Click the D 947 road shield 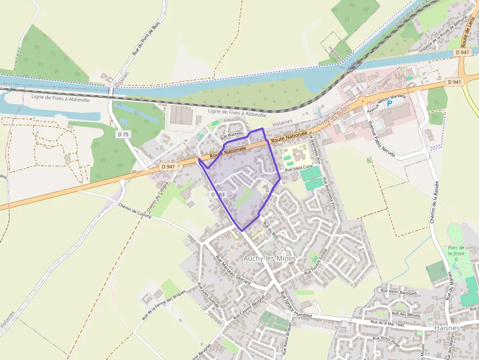pos(461,52)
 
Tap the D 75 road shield pos(123,134)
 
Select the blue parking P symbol pos(390,104)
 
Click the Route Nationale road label pos(289,137)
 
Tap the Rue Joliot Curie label pos(299,168)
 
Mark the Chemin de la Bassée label pos(434,202)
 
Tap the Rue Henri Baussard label pos(399,292)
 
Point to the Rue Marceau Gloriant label pos(233,270)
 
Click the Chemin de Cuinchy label pos(135,210)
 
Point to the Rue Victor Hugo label pos(386,341)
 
